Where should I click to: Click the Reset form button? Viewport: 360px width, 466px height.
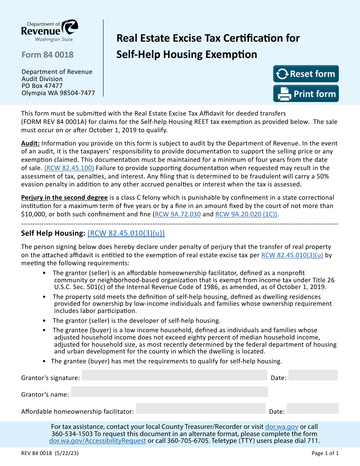click(x=306, y=74)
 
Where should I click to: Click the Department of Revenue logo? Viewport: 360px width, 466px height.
click(x=50, y=31)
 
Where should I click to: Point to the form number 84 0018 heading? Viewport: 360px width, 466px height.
click(x=47, y=55)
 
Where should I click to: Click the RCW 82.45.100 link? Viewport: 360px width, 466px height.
click(x=69, y=168)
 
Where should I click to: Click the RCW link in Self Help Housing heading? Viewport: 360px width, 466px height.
click(x=126, y=233)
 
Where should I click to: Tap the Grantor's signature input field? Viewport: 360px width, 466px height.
click(x=174, y=375)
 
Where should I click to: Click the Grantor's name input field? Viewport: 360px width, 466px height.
click(x=169, y=392)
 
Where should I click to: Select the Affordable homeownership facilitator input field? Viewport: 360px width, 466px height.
click(x=200, y=409)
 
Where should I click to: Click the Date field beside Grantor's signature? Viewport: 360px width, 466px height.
click(x=313, y=375)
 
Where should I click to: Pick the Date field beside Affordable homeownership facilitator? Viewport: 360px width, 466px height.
click(x=313, y=409)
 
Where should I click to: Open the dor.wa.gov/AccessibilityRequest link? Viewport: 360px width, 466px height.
click(x=97, y=441)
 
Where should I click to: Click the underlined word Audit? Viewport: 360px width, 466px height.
click(x=30, y=143)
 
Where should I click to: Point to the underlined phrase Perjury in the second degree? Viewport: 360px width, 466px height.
click(x=64, y=197)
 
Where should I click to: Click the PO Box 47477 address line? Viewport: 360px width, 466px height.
click(x=42, y=86)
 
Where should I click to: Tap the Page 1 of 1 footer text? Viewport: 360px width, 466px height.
click(x=325, y=453)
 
